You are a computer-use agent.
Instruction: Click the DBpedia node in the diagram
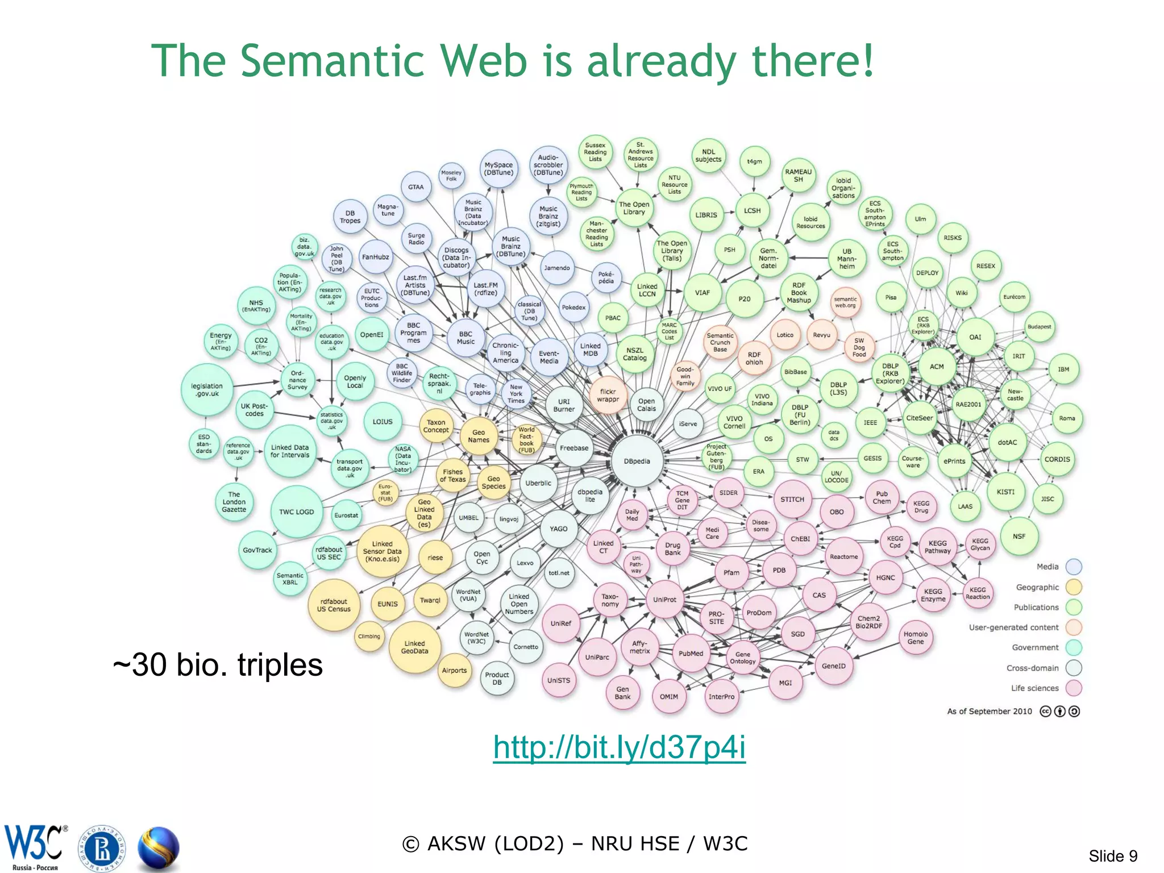(637, 461)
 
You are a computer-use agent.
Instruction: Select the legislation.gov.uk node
(207, 390)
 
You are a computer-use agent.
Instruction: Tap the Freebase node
(574, 448)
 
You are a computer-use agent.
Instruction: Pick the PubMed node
(691, 654)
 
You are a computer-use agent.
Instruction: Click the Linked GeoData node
(415, 647)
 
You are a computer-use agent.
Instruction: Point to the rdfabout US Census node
(334, 605)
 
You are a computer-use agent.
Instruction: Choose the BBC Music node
(465, 338)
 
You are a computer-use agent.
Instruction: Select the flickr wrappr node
(608, 396)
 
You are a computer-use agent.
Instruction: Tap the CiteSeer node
(919, 418)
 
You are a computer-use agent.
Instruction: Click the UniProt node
(664, 600)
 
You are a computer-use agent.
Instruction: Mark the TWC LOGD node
(296, 512)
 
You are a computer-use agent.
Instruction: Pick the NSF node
(1019, 536)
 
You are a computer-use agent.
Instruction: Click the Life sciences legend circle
(1074, 688)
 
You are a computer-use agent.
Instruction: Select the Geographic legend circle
(1074, 587)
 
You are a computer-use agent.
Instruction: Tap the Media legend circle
(1074, 567)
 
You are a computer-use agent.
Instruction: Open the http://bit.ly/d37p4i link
(619, 747)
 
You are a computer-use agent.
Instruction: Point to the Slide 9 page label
(1112, 856)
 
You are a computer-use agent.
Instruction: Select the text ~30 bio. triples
(218, 664)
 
